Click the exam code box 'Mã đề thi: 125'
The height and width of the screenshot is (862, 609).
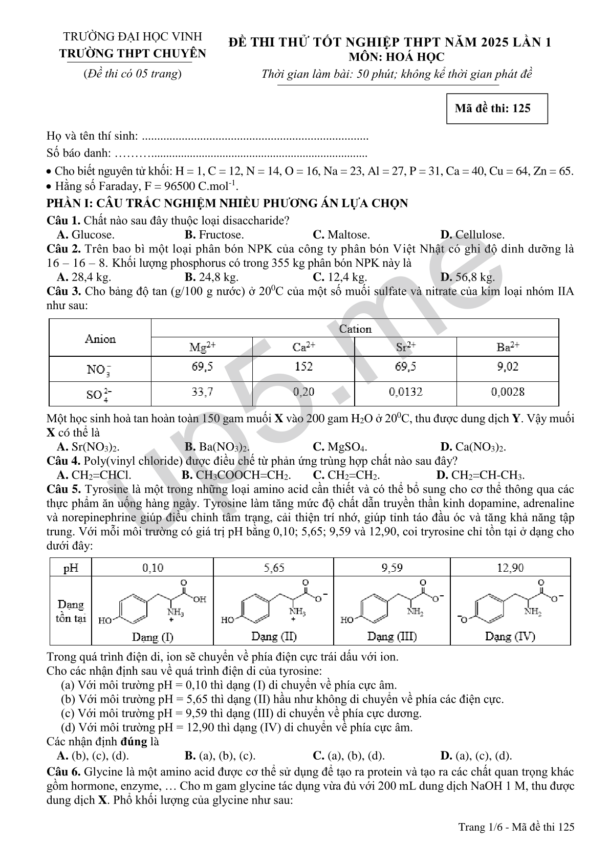[x=497, y=109]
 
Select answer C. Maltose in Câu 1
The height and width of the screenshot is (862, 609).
[x=341, y=235]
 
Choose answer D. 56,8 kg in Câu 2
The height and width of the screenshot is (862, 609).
[x=467, y=277]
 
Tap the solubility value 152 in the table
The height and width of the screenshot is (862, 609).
[x=303, y=367]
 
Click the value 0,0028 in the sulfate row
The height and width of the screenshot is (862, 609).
[x=508, y=393]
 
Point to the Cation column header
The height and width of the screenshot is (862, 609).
[x=355, y=329]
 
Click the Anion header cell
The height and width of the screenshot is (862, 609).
[x=100, y=339]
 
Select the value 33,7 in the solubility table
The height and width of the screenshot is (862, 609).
[x=202, y=393]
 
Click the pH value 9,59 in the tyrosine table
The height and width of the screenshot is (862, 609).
[x=391, y=568]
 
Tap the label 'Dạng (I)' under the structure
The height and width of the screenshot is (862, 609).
[x=153, y=637]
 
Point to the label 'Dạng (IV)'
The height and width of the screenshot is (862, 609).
[x=510, y=637]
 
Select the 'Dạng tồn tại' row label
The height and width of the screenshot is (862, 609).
[x=71, y=611]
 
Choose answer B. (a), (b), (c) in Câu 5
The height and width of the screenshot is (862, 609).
[x=220, y=756]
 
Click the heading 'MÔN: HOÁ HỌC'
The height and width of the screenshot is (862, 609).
[x=393, y=57]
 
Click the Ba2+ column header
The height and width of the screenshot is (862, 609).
[x=508, y=348]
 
